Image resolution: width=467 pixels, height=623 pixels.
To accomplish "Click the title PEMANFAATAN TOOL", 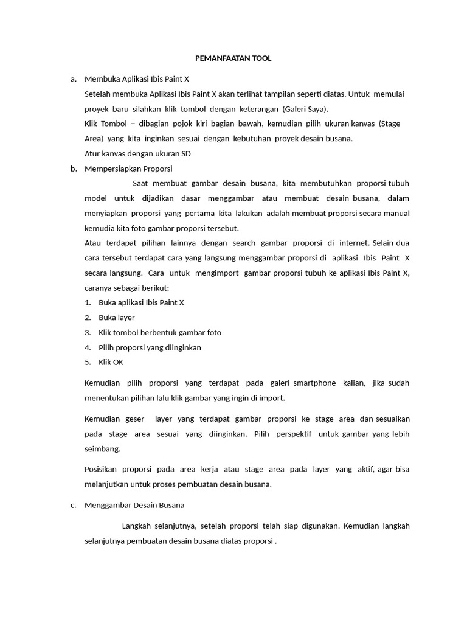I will click(x=233, y=58).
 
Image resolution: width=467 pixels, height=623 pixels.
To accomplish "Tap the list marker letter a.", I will click(x=73, y=79).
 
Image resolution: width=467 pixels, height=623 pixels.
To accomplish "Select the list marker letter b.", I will click(x=73, y=169).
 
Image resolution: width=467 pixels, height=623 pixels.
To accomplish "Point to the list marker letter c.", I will click(x=73, y=505).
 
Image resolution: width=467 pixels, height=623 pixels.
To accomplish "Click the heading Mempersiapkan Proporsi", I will click(x=129, y=169).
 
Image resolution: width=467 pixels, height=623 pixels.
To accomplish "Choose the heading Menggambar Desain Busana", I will click(x=134, y=505).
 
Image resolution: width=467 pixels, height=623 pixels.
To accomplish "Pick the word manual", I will click(x=396, y=213).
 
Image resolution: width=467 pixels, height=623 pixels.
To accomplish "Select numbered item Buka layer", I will click(x=117, y=317).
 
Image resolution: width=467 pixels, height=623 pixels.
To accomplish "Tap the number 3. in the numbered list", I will click(x=88, y=332).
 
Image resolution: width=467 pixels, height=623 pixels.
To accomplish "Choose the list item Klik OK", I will click(x=111, y=362).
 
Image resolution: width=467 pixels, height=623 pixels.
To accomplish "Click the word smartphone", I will click(x=314, y=383).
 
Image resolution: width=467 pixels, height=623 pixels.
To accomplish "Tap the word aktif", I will click(x=365, y=470).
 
